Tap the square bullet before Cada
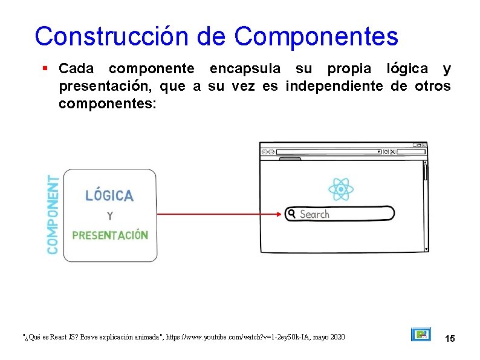click(46, 69)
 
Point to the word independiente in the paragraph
click(334, 87)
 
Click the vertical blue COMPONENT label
click(53, 215)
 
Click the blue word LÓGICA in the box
click(109, 195)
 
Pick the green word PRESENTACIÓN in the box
click(109, 235)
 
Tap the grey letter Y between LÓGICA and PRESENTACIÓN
click(109, 215)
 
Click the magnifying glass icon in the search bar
click(292, 214)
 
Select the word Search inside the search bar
click(314, 214)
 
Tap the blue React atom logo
click(341, 189)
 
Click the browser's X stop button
click(393, 152)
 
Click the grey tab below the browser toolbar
click(290, 159)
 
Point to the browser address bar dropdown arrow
click(379, 152)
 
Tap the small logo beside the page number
click(421, 335)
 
